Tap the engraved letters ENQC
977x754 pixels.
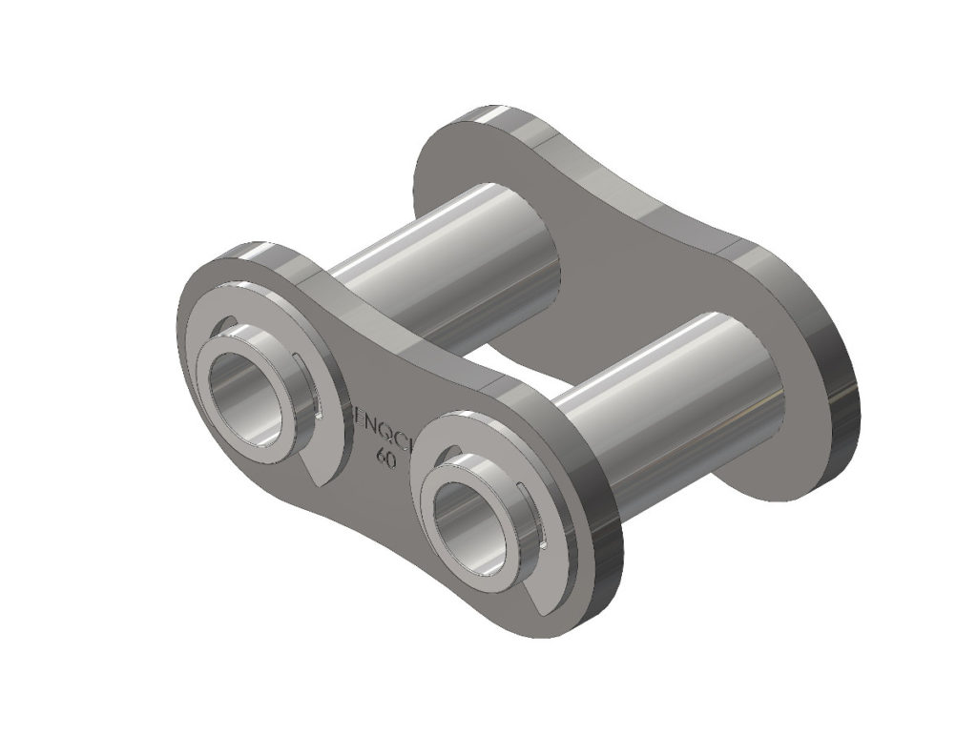(381, 436)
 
